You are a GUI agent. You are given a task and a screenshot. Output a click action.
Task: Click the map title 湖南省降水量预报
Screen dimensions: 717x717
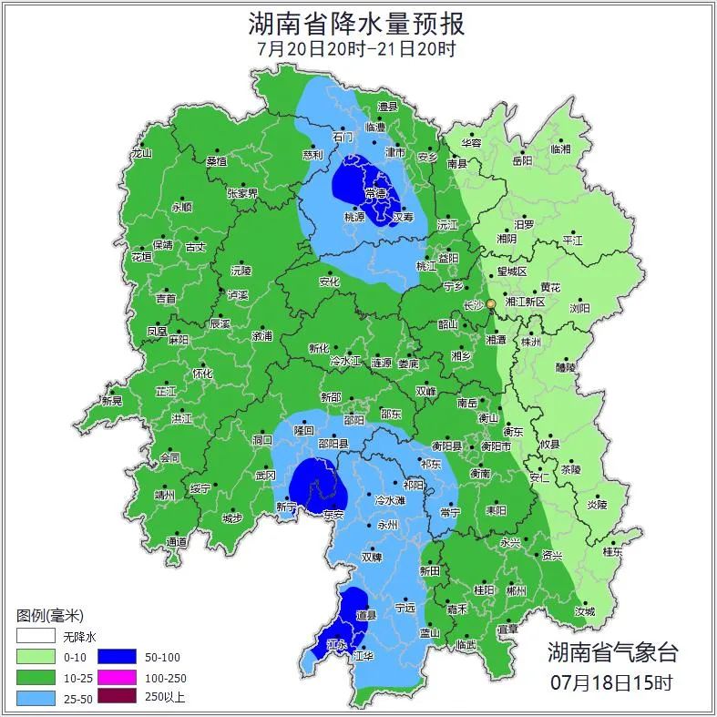click(357, 21)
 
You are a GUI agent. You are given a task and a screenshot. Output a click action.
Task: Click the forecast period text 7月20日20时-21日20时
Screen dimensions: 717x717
click(357, 48)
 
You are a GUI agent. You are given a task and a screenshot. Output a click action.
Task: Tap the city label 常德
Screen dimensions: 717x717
click(375, 193)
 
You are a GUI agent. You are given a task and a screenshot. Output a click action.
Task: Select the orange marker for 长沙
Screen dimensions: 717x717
click(491, 303)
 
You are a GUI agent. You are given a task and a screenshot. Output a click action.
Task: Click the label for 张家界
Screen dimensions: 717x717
click(242, 193)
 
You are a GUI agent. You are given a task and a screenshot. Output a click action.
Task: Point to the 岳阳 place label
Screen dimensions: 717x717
click(522, 161)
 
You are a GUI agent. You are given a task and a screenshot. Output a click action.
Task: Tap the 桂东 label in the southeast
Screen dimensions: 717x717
click(613, 551)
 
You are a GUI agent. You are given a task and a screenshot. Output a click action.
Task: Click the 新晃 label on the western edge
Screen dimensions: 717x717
click(111, 401)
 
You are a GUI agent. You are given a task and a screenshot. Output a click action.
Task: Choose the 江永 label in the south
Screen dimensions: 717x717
click(338, 645)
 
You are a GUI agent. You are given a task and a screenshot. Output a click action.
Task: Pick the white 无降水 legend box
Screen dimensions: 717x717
click(35, 635)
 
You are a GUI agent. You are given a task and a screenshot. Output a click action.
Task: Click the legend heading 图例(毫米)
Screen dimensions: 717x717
click(49, 616)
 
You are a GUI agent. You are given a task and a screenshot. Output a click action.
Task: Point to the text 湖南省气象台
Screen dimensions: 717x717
click(612, 651)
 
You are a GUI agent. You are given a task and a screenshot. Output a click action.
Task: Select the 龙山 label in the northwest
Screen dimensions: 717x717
click(141, 154)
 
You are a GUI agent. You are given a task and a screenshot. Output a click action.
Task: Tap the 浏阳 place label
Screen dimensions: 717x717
click(579, 308)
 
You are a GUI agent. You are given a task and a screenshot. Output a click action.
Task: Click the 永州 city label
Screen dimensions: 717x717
click(387, 526)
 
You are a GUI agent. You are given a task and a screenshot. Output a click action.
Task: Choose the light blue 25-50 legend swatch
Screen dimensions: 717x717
click(35, 698)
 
